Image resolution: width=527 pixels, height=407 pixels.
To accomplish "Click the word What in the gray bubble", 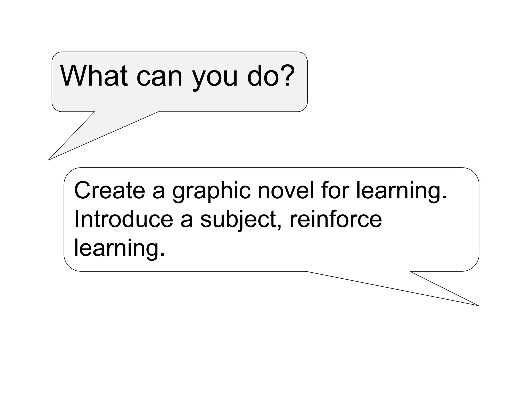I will [x=94, y=76].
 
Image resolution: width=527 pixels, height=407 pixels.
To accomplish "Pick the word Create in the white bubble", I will [x=110, y=190].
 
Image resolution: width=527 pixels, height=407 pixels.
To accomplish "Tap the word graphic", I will [x=212, y=192].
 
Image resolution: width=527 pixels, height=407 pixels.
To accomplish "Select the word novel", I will [x=286, y=190].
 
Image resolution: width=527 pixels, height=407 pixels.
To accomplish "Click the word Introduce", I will [x=124, y=219].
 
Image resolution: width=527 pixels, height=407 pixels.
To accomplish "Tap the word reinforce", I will [x=336, y=219].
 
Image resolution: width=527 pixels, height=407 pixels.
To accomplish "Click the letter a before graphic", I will [x=159, y=192].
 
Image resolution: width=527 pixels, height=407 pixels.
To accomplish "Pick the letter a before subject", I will [x=186, y=221].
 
